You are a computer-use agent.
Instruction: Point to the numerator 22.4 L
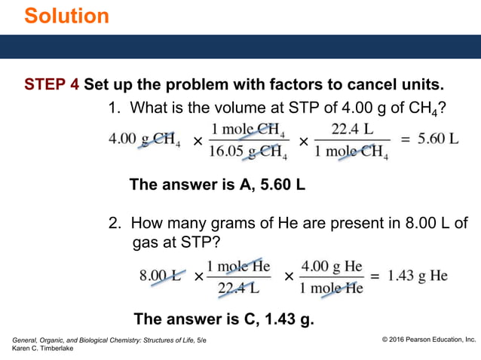[x=352, y=130]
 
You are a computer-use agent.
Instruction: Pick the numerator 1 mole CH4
[x=248, y=130]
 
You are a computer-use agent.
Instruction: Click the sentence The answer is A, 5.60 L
[x=217, y=184]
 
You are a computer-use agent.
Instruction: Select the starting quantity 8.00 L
[x=160, y=276]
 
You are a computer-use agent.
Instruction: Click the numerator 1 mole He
[x=238, y=266]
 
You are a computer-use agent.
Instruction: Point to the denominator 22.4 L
[x=238, y=287]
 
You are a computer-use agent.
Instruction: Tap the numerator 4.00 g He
[x=332, y=266]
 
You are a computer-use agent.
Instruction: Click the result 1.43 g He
[x=418, y=276]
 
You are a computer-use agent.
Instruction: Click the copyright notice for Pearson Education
[x=429, y=340]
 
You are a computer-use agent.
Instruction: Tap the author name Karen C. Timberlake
[x=44, y=349]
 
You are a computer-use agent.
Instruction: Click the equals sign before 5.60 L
[x=403, y=141]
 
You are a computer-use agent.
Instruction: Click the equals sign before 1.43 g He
[x=375, y=276]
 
